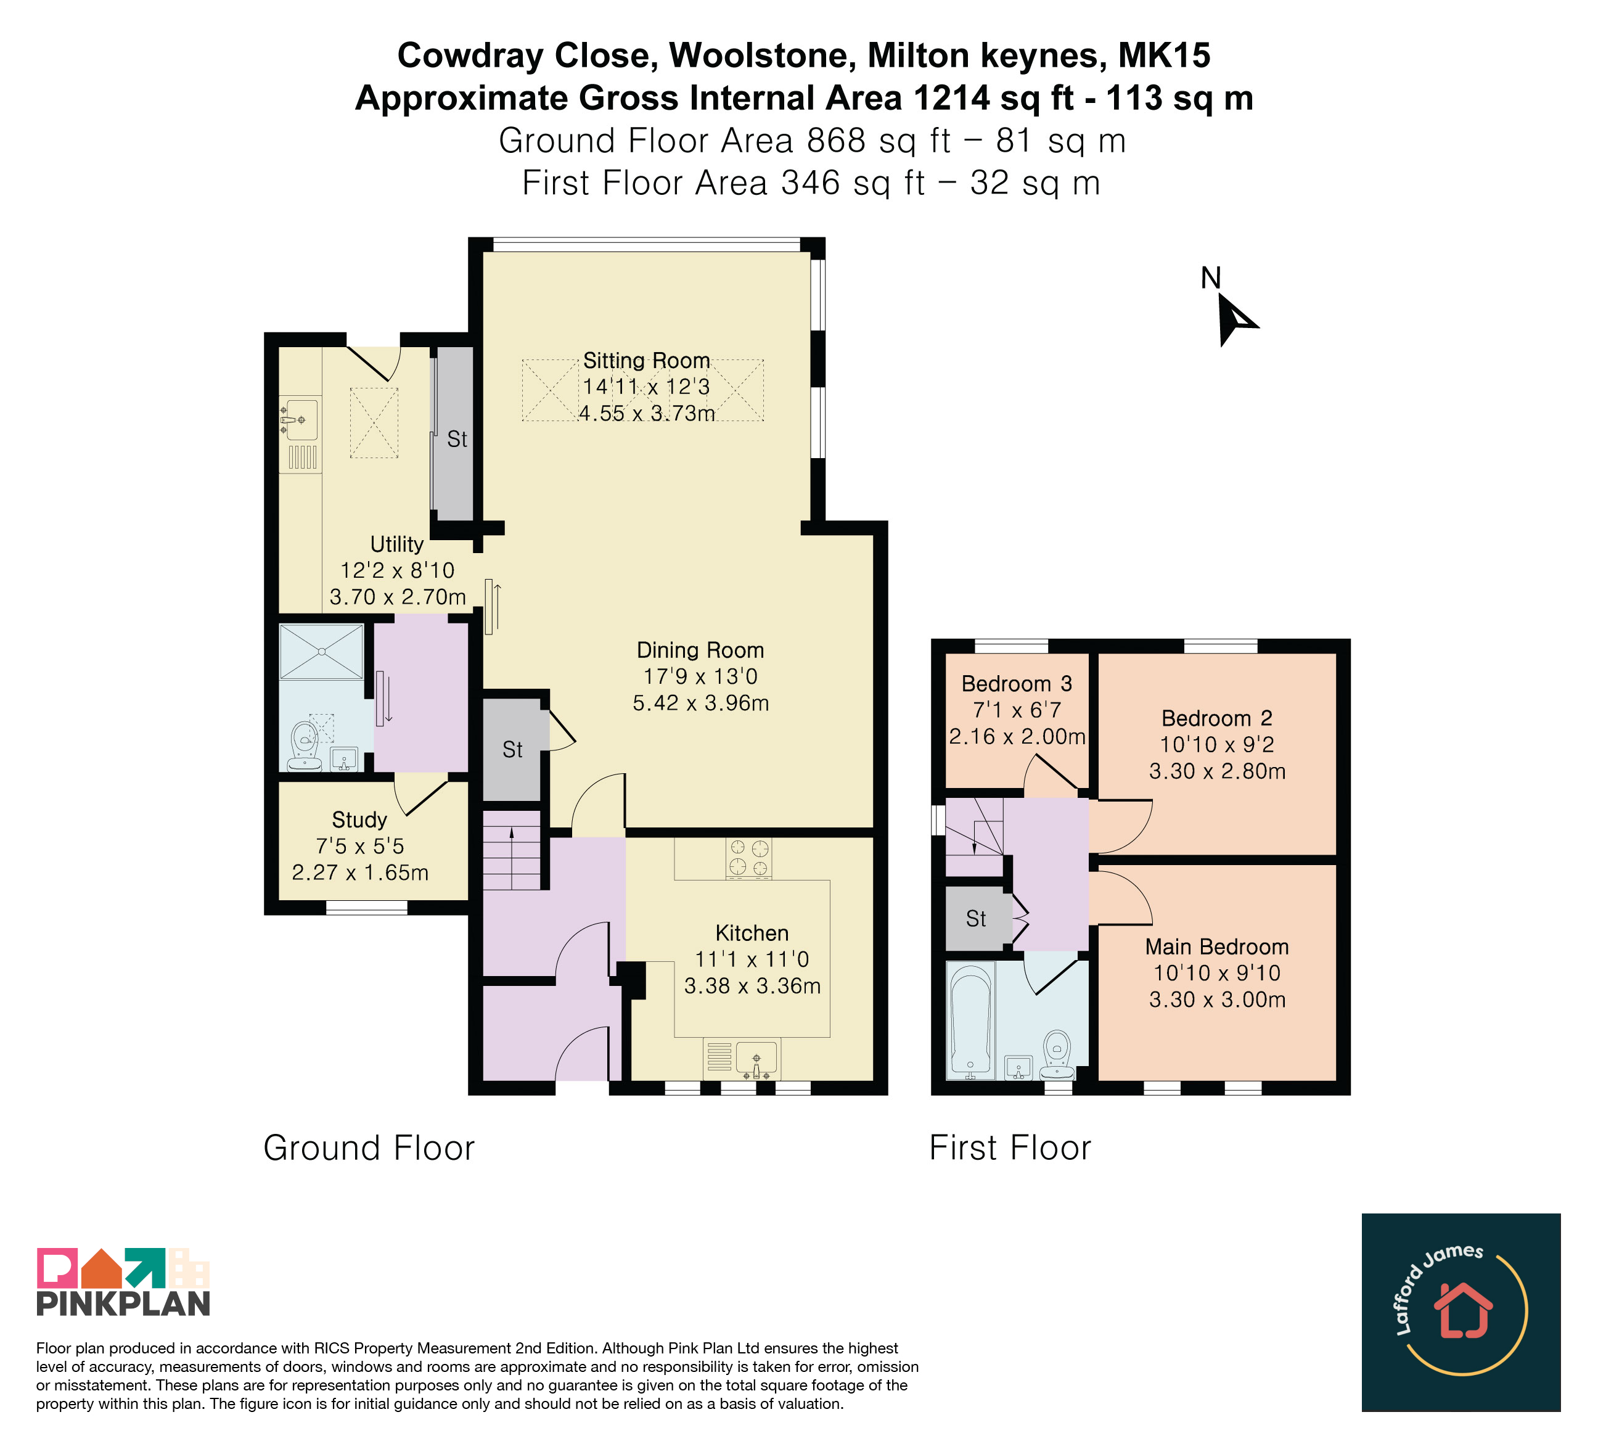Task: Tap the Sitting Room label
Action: (647, 361)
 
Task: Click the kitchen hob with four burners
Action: (749, 858)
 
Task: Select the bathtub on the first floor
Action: (971, 1021)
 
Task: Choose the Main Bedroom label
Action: (1217, 946)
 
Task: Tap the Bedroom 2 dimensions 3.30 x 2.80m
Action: (1218, 771)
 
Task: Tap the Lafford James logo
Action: (1461, 1312)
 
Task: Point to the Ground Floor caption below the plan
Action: (369, 1147)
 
